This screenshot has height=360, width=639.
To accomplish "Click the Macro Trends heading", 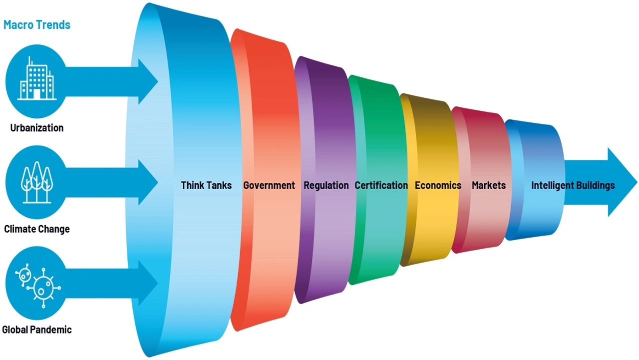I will point(37,24).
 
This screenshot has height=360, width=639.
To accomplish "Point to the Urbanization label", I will point(37,128).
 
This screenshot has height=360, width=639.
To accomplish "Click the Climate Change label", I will point(37,229).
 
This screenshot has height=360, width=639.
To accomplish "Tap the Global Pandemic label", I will point(37,330).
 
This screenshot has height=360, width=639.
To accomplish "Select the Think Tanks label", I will point(206,185).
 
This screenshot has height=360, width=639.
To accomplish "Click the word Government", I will point(269,185).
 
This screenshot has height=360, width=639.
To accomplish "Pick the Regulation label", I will point(326,185).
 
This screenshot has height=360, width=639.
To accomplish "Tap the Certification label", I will point(381,185).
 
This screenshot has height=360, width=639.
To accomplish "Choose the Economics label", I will point(438,185).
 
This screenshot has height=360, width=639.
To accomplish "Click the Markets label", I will point(489,185).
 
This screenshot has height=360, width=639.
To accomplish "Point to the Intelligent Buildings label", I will point(573,185).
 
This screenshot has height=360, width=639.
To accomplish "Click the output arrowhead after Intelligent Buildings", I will point(622,182).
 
